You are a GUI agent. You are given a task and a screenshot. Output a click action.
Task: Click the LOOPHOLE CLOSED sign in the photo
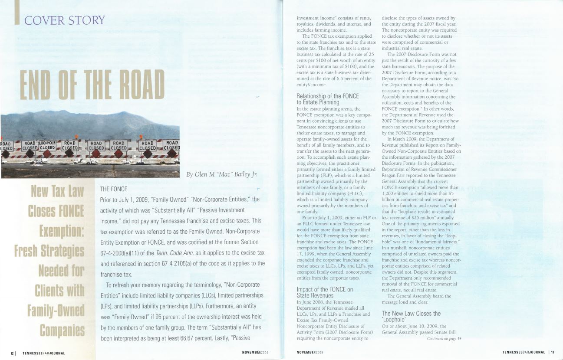pos(47,144)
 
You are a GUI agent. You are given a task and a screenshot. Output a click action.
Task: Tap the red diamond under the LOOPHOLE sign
pos(47,154)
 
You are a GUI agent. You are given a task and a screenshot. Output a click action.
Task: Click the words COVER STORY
pos(65,20)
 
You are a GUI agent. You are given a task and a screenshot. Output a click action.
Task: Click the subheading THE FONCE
pos(114,189)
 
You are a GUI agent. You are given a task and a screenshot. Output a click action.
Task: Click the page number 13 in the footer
pos(553,352)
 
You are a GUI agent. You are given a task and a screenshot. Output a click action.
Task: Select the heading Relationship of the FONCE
pos(327,96)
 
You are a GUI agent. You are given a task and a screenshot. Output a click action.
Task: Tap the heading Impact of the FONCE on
pos(325,289)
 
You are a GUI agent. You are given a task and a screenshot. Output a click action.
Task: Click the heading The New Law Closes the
pos(411,313)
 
